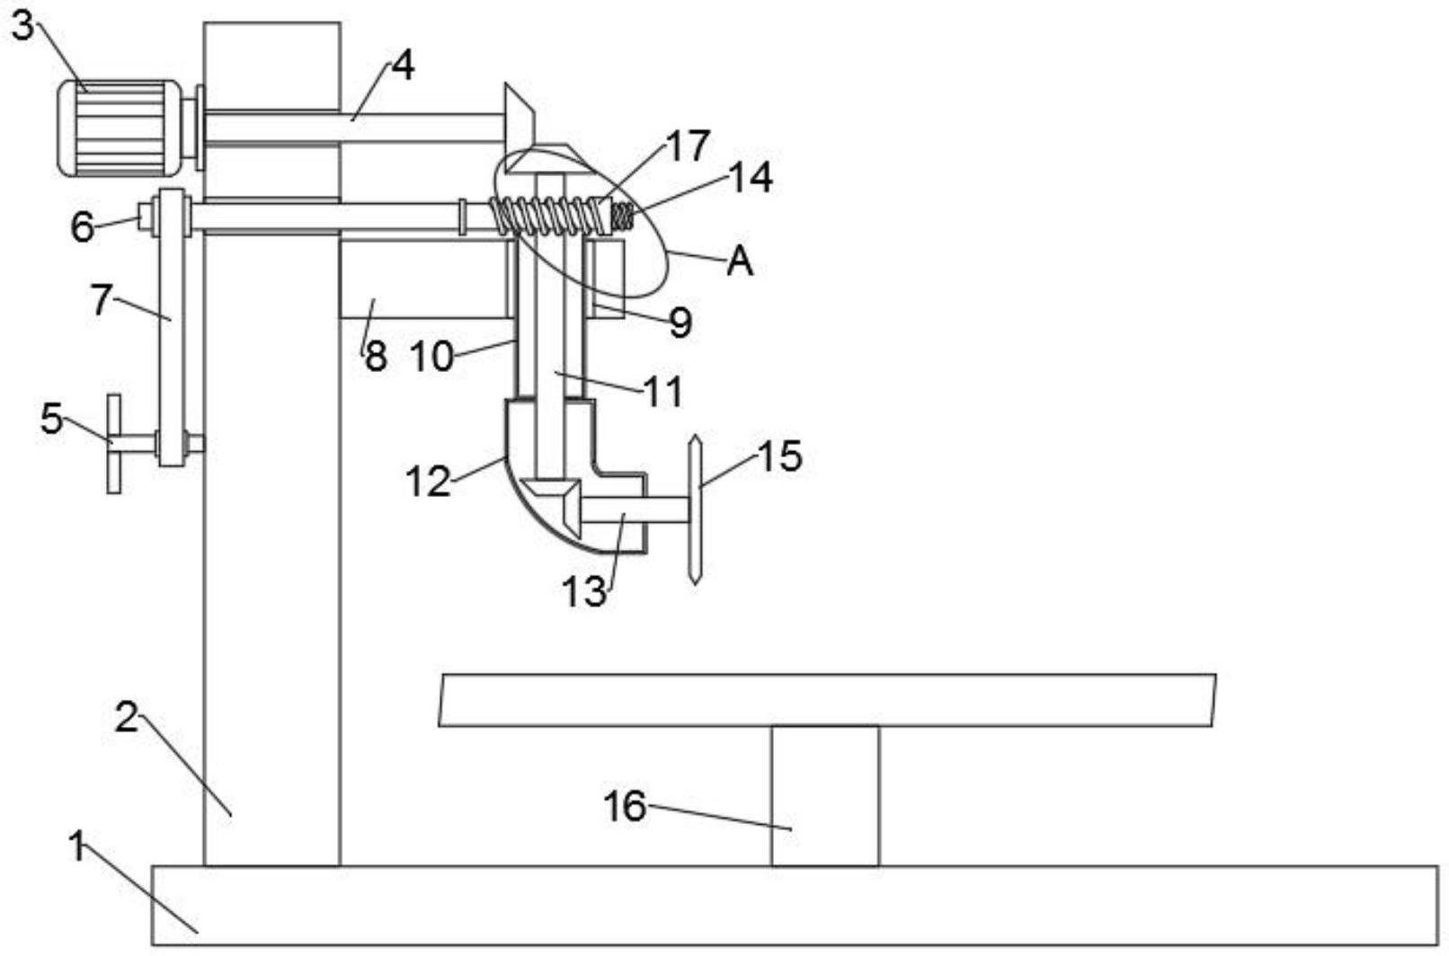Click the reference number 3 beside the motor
[22, 27]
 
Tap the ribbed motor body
[120, 128]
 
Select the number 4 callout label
[403, 66]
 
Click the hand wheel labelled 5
[114, 444]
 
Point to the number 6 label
[83, 227]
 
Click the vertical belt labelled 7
[172, 327]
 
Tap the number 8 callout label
[376, 356]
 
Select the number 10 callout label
[432, 356]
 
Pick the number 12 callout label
[428, 482]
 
